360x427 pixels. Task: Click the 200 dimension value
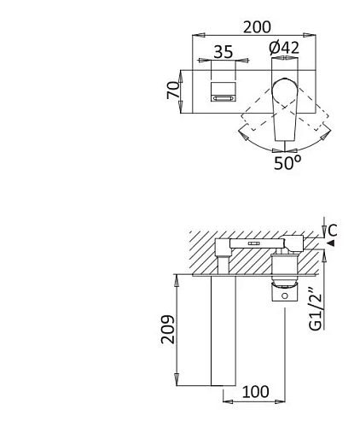257,27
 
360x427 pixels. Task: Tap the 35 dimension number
224,52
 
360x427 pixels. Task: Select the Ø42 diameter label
284,48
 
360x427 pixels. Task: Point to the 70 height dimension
173,90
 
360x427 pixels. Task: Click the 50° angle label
287,163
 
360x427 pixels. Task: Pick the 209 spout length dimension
168,329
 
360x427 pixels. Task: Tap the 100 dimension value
255,392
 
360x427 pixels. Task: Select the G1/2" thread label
316,310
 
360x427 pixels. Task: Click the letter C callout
332,231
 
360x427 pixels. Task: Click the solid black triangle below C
331,243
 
